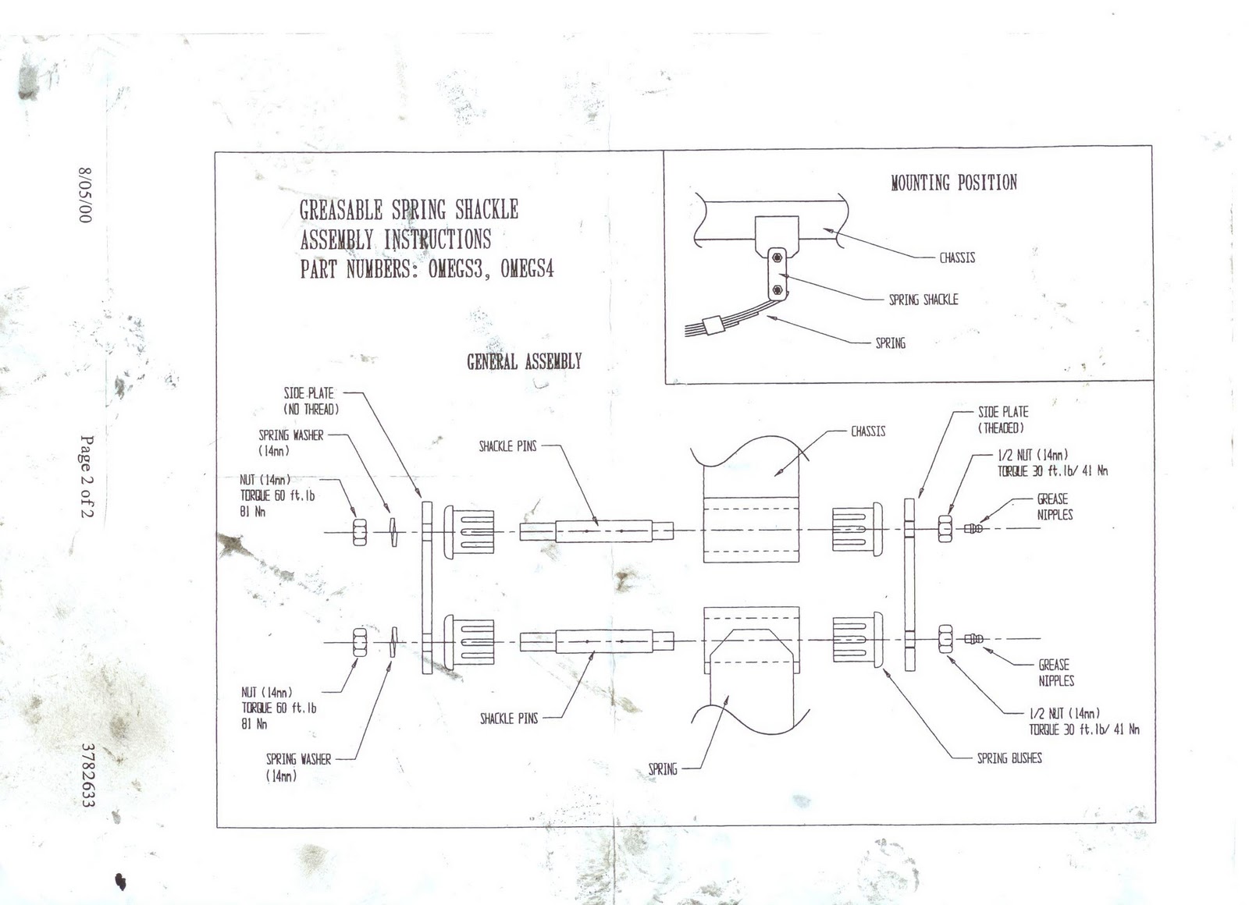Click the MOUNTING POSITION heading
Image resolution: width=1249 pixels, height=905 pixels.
pos(954,183)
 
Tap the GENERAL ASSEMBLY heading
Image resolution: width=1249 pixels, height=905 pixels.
pos(524,361)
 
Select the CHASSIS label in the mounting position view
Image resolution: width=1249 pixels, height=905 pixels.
pos(957,257)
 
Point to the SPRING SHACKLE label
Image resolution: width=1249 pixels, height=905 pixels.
pos(923,300)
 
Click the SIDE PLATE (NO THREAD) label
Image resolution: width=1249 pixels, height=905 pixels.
pos(310,401)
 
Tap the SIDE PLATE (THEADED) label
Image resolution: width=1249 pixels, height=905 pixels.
pos(1002,419)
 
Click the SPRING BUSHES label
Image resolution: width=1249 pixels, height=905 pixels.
pos(1009,758)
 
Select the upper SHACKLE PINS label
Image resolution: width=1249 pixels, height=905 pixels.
pos(507,447)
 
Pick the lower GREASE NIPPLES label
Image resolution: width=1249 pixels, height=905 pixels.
pos(1055,673)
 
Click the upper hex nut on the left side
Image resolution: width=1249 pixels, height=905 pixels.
pos(360,531)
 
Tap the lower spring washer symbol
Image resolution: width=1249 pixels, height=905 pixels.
pos(393,641)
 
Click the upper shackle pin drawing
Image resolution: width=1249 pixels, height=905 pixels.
pos(597,531)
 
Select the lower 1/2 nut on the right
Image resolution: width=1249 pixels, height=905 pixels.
pos(945,640)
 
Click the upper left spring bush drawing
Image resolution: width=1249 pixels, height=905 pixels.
pos(469,531)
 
